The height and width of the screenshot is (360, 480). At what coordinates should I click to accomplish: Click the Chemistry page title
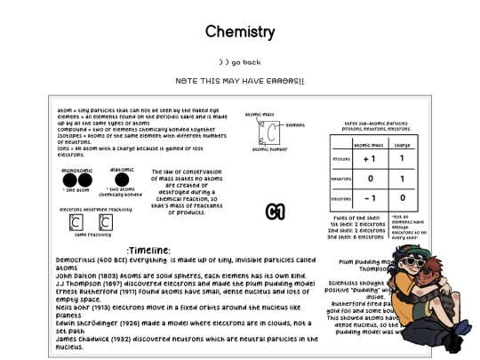[240, 32]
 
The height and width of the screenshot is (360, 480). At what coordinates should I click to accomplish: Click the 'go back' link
[240, 62]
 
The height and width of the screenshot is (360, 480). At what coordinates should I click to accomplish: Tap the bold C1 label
[275, 211]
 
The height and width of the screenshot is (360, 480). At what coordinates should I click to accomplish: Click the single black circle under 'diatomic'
[121, 180]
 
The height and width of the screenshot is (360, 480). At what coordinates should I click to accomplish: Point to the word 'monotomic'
[77, 169]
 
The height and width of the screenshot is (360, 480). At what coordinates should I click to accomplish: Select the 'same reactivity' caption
[92, 235]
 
